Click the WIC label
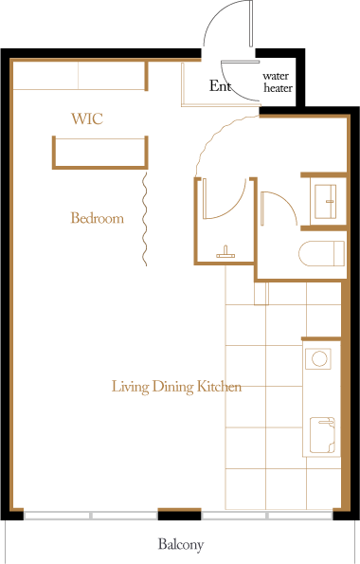(x=87, y=118)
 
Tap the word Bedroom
(x=97, y=218)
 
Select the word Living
(x=130, y=387)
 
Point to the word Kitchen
(x=220, y=387)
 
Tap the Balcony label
(x=181, y=544)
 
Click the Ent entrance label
(x=220, y=86)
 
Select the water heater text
(x=278, y=82)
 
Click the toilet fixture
(x=321, y=253)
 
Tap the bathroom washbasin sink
(x=326, y=201)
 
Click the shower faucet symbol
(x=225, y=252)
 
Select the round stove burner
(x=319, y=358)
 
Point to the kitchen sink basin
(x=323, y=435)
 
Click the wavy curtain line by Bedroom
(x=145, y=219)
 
